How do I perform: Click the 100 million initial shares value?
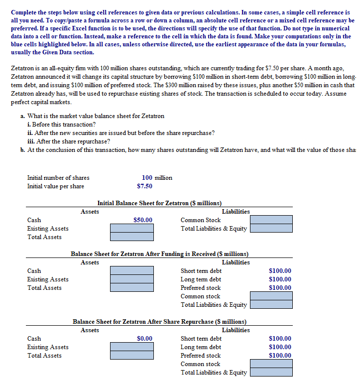157,178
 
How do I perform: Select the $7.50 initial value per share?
144,186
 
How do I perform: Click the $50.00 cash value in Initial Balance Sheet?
143,220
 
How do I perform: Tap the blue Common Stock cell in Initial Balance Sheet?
271,220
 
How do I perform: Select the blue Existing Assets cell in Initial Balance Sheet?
131,229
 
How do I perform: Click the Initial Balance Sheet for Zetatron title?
159,203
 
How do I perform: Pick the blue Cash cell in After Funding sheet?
131,271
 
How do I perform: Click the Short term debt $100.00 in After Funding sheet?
280,271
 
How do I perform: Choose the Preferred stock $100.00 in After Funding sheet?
280,288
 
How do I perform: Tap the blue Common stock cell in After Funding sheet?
271,296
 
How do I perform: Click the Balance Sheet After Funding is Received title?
159,254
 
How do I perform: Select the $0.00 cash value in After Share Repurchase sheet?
144,339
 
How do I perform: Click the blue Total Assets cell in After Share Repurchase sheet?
131,356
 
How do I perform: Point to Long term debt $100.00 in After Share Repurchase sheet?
280,347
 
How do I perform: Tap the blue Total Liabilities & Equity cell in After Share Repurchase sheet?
271,373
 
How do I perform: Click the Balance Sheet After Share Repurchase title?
159,322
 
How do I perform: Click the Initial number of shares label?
58,178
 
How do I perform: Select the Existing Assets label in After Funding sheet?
48,279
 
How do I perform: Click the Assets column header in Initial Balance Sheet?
90,212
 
